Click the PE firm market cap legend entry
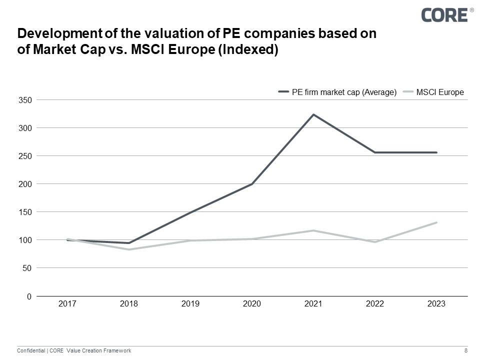(337, 92)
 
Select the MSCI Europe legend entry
(433, 92)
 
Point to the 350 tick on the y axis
(25, 100)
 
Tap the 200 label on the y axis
(25, 184)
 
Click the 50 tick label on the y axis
(27, 268)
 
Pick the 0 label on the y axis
(29, 296)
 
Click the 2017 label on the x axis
(67, 304)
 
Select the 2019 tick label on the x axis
(190, 304)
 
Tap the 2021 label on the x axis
(313, 304)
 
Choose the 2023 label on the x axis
(436, 304)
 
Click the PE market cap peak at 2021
(313, 114)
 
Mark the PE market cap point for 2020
(252, 184)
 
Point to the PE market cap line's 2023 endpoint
(436, 152)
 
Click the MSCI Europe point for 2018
(129, 249)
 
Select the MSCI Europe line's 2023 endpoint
(436, 222)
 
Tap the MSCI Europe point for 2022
(375, 242)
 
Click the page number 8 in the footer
(466, 351)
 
